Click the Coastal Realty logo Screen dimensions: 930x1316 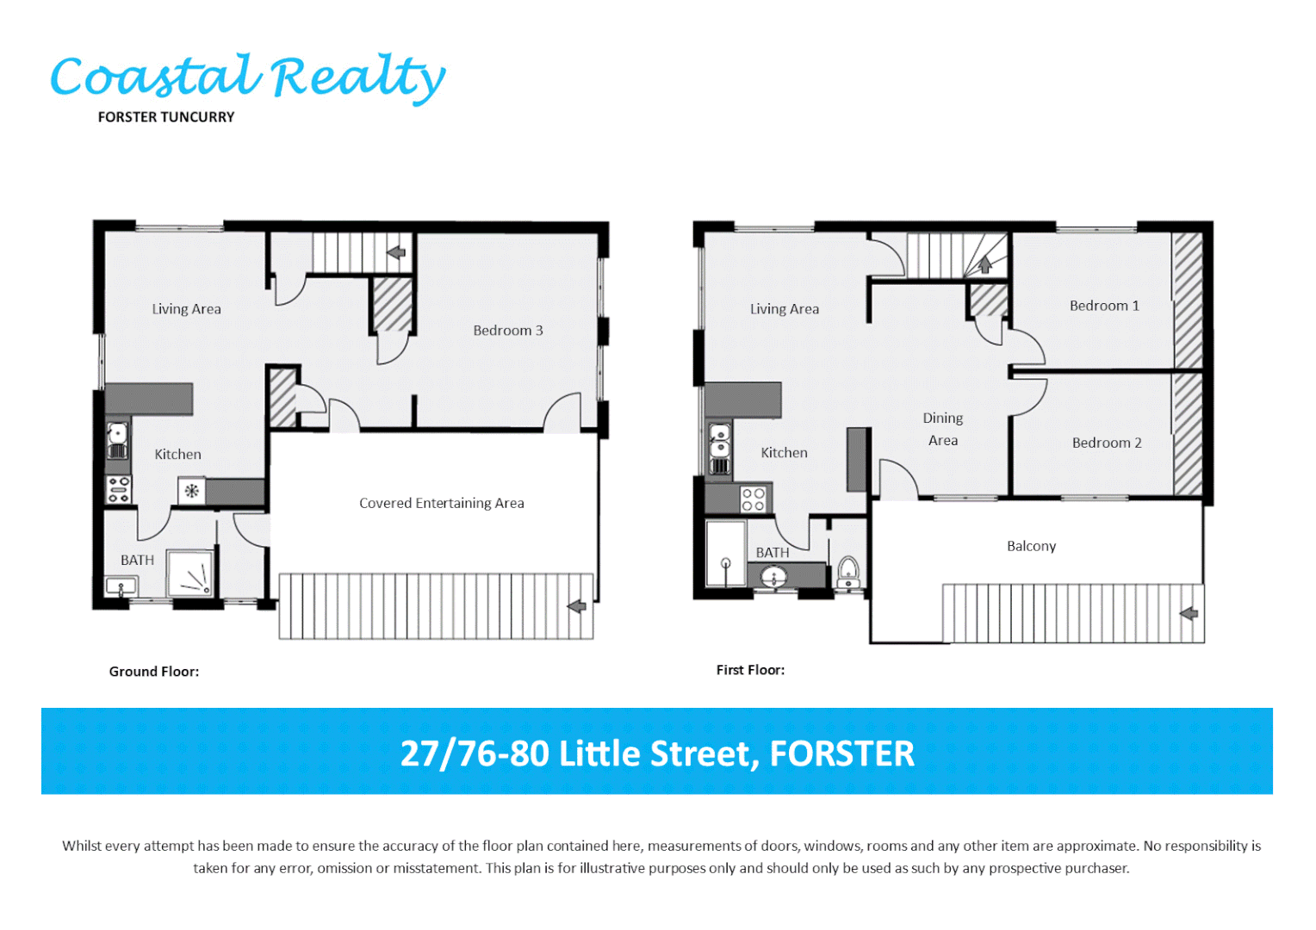[248, 77]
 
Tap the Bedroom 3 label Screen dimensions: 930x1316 [508, 331]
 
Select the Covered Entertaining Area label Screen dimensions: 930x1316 [441, 504]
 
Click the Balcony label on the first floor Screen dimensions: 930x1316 [1031, 546]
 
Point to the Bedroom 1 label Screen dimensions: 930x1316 [1104, 306]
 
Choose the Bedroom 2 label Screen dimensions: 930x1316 [1107, 443]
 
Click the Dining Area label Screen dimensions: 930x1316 [943, 429]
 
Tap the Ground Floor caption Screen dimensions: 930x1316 [153, 672]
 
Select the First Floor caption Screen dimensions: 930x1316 [750, 670]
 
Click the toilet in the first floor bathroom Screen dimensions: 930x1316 [848, 571]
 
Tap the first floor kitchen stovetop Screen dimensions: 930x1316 [754, 499]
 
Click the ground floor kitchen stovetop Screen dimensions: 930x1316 [118, 489]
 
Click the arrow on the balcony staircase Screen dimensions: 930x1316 [1189, 614]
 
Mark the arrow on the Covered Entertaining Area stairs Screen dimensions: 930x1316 [577, 607]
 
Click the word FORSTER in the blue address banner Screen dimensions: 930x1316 [841, 753]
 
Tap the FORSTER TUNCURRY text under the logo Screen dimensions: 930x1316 [166, 117]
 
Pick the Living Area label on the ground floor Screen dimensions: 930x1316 [186, 309]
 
